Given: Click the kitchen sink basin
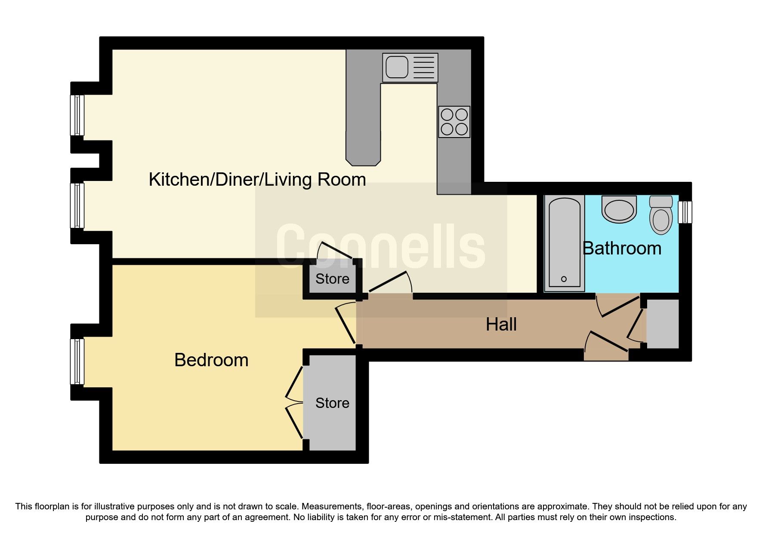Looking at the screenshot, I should (x=396, y=67).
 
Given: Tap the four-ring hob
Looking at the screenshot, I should (x=454, y=122).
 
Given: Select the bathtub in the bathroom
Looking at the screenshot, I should (x=564, y=243).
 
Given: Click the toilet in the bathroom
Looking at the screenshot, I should (x=661, y=215).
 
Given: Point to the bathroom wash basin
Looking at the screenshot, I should (x=619, y=210).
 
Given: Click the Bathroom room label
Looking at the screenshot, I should (x=621, y=248).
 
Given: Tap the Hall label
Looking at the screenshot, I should (x=501, y=325).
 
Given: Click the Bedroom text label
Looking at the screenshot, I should (x=211, y=360).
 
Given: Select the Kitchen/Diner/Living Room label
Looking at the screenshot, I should (x=257, y=179).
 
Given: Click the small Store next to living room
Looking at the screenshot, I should (x=332, y=279).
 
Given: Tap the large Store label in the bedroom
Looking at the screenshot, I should (x=332, y=403).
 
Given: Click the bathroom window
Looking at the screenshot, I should (x=685, y=212).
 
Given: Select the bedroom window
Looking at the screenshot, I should (x=77, y=361).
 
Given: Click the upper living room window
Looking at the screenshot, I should (x=77, y=115).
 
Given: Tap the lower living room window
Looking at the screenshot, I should (x=77, y=205).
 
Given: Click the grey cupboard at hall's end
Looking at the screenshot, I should (x=663, y=324).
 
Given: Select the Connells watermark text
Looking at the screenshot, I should (x=380, y=247).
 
